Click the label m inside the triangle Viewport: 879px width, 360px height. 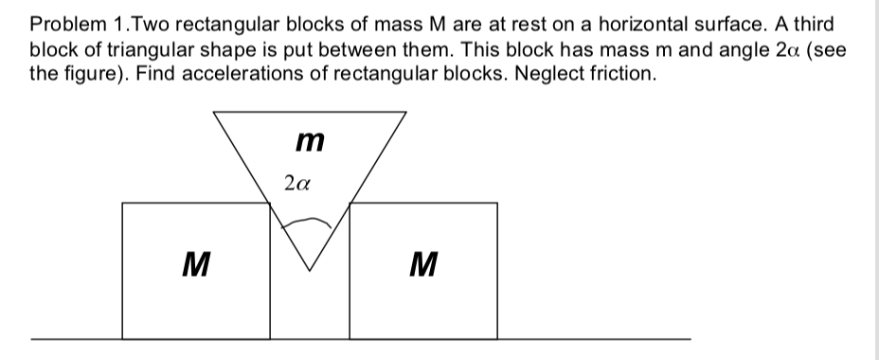(x=309, y=143)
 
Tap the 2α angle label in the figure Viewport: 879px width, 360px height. (x=295, y=183)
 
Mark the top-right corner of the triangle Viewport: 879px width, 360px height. (x=407, y=112)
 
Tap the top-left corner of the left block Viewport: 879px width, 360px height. (x=123, y=202)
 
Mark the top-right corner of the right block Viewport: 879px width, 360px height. (x=496, y=202)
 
